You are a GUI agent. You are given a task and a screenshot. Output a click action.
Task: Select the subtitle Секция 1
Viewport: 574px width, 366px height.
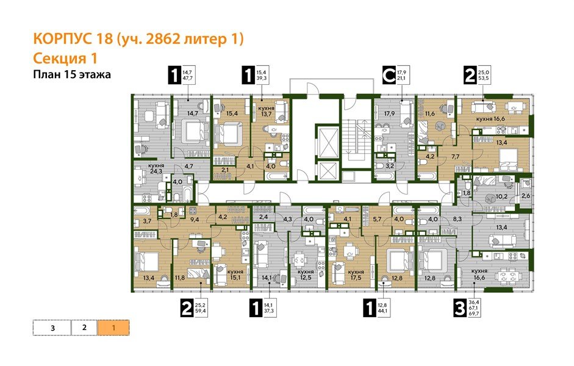pyautogui.click(x=64, y=59)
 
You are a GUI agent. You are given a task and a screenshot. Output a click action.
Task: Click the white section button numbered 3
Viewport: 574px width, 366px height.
pyautogui.click(x=52, y=328)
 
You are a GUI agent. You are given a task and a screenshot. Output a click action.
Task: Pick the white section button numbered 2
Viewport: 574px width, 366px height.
pyautogui.click(x=84, y=328)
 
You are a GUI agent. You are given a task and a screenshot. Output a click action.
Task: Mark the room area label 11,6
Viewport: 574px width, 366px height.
pyautogui.click(x=431, y=113)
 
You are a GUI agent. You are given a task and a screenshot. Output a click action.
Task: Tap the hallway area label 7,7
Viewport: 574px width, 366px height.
pyautogui.click(x=456, y=157)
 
